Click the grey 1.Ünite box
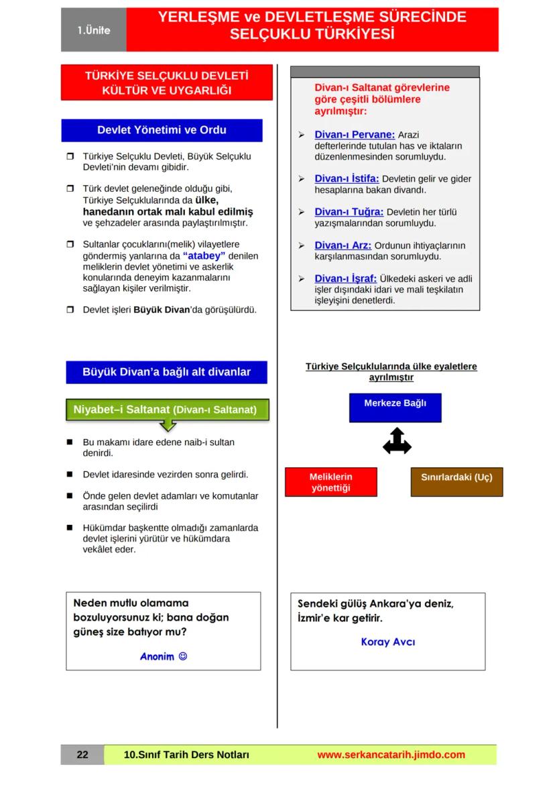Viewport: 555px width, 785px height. click(93, 30)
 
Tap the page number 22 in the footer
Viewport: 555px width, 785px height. click(82, 755)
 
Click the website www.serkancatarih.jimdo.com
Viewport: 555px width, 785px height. click(391, 755)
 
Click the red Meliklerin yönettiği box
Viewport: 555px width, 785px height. click(330, 482)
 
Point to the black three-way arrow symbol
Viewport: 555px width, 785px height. click(397, 442)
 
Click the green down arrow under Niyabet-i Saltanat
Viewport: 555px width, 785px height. click(168, 426)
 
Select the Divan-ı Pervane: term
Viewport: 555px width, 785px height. click(355, 135)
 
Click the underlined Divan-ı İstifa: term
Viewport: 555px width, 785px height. click(347, 179)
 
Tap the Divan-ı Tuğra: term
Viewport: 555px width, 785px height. click(349, 212)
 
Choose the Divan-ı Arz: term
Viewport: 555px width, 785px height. click(343, 245)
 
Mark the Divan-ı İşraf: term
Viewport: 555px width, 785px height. click(345, 278)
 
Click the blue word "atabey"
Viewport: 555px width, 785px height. click(204, 255)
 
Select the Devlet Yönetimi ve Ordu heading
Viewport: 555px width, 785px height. click(162, 130)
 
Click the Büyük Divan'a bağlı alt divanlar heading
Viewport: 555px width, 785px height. click(166, 372)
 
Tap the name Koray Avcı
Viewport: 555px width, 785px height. click(387, 642)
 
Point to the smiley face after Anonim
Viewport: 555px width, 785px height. click(183, 656)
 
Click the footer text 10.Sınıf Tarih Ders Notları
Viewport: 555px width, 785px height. click(187, 755)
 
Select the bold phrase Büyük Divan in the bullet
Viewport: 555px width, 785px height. click(158, 310)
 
